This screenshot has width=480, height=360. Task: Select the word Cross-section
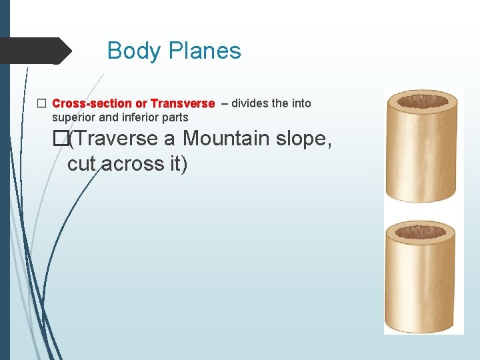pos(92,103)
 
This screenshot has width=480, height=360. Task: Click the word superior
pos(73,117)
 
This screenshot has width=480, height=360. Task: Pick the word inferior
pos(141,117)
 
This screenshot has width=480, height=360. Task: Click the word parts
pos(175,117)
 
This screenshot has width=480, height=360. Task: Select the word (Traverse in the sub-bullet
pos(113,139)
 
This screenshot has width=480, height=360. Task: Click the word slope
pos(304,139)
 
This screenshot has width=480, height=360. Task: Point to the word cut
pos(82,163)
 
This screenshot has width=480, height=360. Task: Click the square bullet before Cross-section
pos(42,103)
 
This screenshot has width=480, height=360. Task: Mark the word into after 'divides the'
pos(301,103)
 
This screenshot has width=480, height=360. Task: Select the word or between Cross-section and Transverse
pos(141,103)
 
